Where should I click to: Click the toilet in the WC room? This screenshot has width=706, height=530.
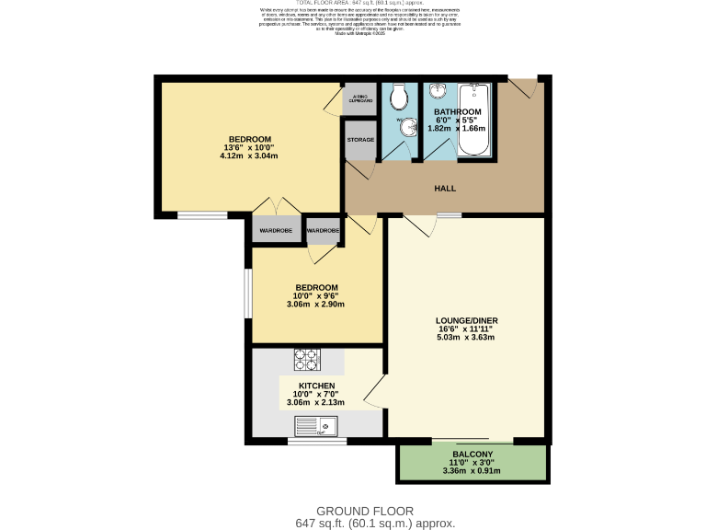[x=400, y=95]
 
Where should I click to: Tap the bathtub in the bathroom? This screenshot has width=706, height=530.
[x=475, y=120]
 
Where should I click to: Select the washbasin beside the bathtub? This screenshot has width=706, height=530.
[x=438, y=93]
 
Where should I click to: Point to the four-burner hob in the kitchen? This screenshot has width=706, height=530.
[x=305, y=360]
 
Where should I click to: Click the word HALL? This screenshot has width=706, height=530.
[x=445, y=189]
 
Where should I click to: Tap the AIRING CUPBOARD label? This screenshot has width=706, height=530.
[x=359, y=98]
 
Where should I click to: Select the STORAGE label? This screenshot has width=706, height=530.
[x=359, y=139]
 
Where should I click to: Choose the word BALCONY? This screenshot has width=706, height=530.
[x=472, y=455]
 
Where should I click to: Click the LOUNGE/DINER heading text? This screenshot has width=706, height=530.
[x=466, y=320]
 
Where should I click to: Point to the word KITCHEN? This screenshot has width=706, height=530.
[x=316, y=386]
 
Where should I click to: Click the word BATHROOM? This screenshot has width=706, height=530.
[x=458, y=111]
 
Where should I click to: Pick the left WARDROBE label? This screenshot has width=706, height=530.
[x=276, y=230]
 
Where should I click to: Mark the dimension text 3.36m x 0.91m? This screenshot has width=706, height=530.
[x=472, y=471]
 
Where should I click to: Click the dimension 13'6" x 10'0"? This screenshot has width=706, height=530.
[x=248, y=147]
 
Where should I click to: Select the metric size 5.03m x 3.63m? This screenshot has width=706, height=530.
[x=466, y=338]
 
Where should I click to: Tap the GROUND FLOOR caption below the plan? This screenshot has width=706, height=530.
[x=365, y=511]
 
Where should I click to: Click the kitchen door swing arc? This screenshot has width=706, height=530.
[x=372, y=396]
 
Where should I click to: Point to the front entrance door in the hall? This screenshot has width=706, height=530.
[x=524, y=88]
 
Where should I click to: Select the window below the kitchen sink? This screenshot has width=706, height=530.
[x=317, y=442]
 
